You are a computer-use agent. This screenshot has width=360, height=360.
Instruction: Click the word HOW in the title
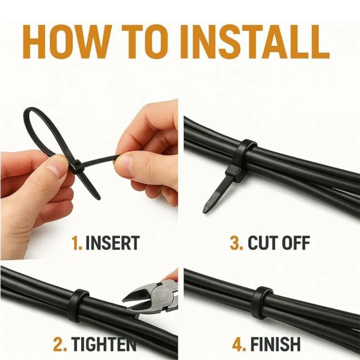[x=65, y=42]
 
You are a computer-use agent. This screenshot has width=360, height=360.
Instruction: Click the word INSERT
[x=112, y=243]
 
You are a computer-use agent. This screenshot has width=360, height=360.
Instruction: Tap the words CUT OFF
[x=279, y=243]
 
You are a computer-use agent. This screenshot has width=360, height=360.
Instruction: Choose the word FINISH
[x=275, y=344]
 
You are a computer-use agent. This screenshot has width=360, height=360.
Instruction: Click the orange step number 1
[x=77, y=243]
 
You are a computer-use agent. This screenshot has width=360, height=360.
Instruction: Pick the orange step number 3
[x=237, y=243]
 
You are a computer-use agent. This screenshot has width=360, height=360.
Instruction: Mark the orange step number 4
[x=239, y=344]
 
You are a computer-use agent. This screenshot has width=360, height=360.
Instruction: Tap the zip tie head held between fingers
[x=77, y=166]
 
